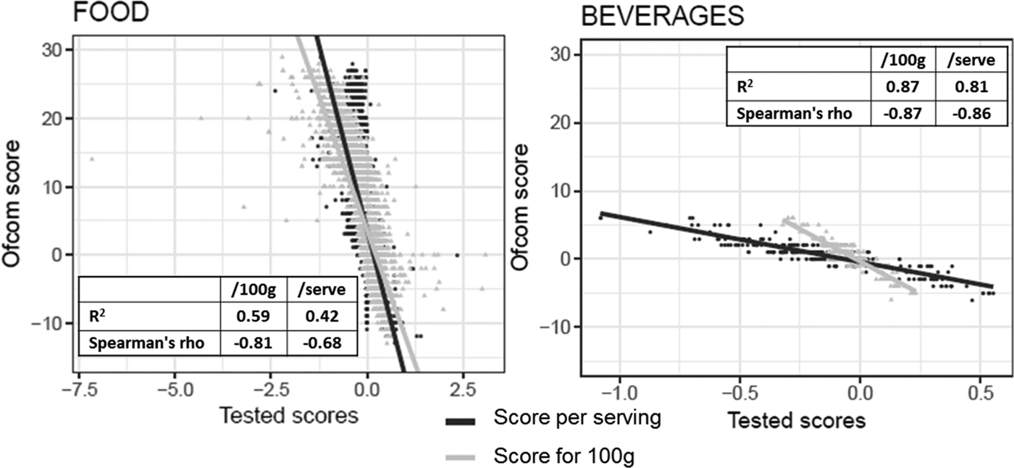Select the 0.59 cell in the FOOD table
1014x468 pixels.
254,317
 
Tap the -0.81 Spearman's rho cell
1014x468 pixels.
254,343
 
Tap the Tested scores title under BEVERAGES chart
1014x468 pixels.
796,420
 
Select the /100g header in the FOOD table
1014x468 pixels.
254,291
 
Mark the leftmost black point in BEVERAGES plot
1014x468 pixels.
600,217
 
